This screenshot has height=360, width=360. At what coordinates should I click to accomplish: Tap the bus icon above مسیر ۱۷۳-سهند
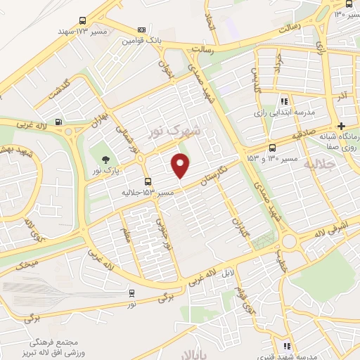pos(82,21)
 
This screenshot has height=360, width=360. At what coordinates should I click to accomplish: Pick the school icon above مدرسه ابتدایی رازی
pos(285,101)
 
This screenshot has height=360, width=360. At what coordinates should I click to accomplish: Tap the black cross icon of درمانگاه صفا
pos(342,125)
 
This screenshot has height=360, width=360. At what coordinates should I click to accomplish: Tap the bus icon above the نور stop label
pos(132,293)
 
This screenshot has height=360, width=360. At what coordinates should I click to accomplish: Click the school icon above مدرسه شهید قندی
pos(286,346)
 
